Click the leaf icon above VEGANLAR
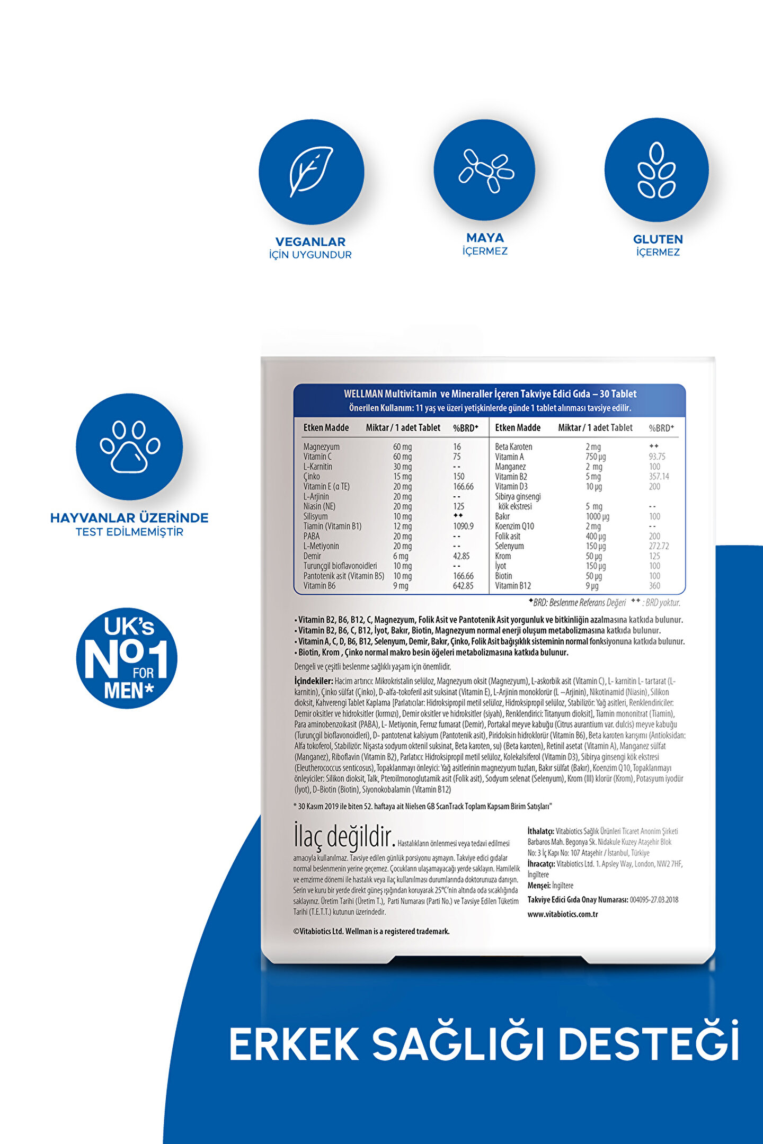[311, 172]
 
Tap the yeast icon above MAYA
[485, 170]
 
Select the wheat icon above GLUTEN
[656, 170]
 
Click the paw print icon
[130, 446]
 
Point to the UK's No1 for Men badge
[127, 658]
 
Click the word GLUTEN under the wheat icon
[658, 239]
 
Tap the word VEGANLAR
[310, 242]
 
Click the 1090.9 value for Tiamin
[463, 526]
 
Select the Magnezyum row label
[321, 447]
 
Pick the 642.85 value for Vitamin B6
[463, 586]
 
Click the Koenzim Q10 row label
[514, 526]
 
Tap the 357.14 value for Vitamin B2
[659, 477]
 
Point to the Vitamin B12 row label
[513, 586]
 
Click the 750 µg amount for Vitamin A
[596, 457]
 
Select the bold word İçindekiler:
[314, 681]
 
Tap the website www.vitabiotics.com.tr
[563, 914]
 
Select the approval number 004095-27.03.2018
[654, 900]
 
